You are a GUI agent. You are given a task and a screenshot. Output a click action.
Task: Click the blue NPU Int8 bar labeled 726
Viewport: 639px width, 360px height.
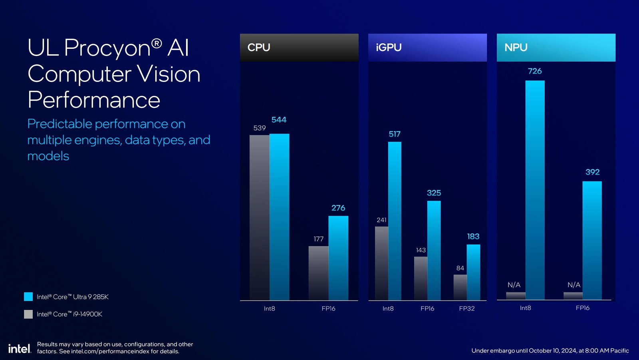click(x=535, y=190)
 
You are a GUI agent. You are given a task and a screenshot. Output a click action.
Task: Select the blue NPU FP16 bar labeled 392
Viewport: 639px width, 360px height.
click(x=592, y=240)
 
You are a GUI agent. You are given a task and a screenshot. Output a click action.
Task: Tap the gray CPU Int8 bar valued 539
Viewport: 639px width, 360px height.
click(x=259, y=217)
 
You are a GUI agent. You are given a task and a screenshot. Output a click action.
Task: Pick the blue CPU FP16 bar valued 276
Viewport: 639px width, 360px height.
click(x=338, y=258)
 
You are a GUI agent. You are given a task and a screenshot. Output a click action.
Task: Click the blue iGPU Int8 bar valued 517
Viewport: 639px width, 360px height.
click(x=395, y=221)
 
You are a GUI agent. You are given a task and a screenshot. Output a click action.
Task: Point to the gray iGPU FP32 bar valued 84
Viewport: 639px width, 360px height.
click(x=460, y=287)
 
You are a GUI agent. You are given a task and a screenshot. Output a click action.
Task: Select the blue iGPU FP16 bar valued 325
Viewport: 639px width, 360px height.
click(x=434, y=250)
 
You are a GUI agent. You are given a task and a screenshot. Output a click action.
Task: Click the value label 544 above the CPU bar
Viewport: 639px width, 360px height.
click(x=279, y=120)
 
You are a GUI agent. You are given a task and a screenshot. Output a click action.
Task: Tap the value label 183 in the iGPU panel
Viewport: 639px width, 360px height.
click(x=473, y=237)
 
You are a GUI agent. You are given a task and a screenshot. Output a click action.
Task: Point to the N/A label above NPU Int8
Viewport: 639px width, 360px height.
click(x=514, y=285)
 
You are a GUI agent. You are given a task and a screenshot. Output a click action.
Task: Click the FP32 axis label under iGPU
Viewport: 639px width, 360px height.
click(x=467, y=308)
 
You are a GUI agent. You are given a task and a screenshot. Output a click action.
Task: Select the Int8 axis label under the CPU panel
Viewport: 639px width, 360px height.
click(x=270, y=308)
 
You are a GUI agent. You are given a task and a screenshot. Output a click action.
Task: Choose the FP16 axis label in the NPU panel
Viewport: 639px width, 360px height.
click(x=583, y=308)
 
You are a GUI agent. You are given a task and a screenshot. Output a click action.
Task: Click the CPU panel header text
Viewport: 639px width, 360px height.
click(x=259, y=48)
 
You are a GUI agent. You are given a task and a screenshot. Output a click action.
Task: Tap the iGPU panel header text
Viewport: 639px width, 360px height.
click(x=389, y=48)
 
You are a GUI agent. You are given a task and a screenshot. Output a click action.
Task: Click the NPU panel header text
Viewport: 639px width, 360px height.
click(x=516, y=48)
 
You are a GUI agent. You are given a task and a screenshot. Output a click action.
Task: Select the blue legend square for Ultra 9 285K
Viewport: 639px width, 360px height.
click(x=28, y=296)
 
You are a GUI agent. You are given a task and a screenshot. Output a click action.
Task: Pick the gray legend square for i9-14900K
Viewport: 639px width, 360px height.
click(x=28, y=314)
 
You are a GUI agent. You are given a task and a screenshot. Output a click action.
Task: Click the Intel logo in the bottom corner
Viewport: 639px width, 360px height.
click(x=19, y=348)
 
